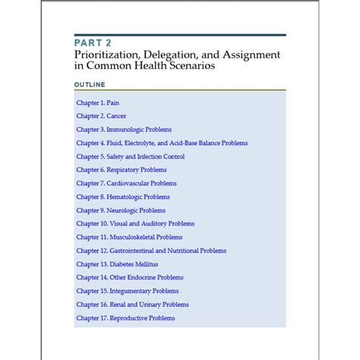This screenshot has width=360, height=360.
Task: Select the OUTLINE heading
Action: coord(90,84)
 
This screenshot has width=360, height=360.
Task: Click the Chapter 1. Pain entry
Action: coord(98,102)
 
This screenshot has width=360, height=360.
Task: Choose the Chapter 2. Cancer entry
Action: coord(102,115)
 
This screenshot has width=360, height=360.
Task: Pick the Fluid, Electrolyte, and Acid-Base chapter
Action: coord(162,143)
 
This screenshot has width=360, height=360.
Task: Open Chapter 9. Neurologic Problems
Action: coord(121,210)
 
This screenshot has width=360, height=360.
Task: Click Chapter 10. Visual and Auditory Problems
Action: coord(135,223)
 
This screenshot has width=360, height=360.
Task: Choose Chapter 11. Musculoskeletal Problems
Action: coord(129,237)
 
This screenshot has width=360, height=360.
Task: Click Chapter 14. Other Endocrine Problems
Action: coord(130,277)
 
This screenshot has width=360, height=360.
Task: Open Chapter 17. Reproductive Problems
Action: coord(125,318)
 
